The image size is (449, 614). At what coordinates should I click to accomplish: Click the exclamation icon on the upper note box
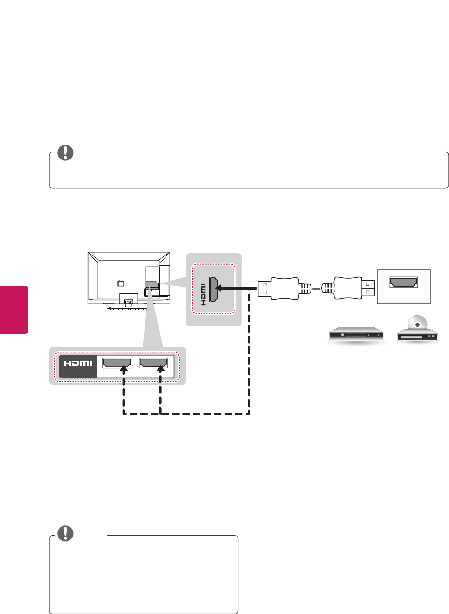65,152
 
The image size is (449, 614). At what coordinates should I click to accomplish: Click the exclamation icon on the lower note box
65,533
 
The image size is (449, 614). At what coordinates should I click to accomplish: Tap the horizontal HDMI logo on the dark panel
78,363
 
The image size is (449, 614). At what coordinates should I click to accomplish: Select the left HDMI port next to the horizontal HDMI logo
117,362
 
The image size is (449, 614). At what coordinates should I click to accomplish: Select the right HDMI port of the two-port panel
153,362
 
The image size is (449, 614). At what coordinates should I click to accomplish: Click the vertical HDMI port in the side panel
214,290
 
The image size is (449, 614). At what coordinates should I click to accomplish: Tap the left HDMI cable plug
278,289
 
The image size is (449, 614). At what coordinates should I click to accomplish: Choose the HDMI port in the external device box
404,282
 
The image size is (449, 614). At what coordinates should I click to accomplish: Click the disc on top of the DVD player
417,324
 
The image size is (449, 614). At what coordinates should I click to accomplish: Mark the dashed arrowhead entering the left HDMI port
124,369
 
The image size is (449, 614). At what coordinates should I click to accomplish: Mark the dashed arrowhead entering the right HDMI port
160,369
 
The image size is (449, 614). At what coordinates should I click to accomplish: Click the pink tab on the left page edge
14,310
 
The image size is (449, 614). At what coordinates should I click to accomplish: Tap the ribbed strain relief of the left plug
304,289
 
